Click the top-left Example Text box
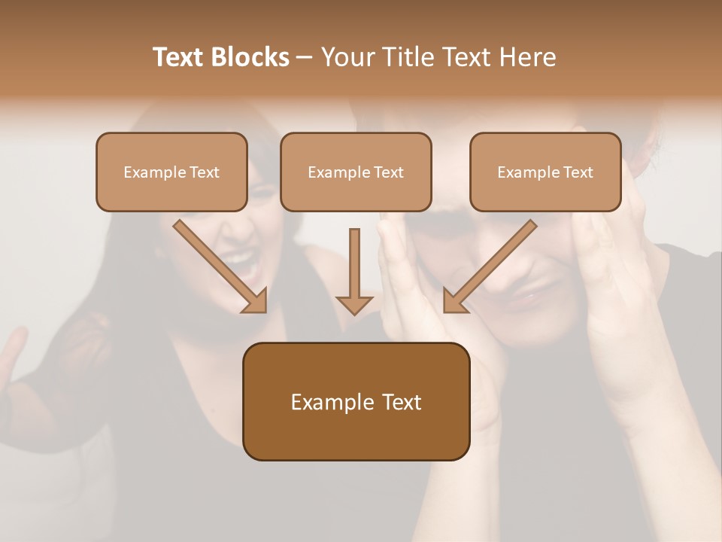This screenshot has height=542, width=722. click(x=171, y=172)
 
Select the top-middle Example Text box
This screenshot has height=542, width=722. click(x=356, y=172)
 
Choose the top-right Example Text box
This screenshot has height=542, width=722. click(x=545, y=172)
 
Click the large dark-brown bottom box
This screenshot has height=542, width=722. click(x=356, y=401)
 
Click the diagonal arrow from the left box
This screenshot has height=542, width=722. click(x=218, y=265)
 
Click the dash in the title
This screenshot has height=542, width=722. click(x=305, y=58)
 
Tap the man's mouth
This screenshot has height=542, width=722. click(x=526, y=300)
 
